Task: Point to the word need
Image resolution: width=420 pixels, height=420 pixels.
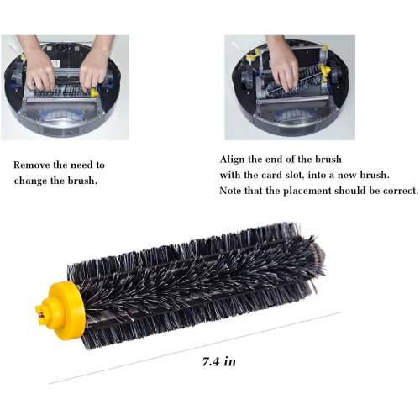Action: (85, 165)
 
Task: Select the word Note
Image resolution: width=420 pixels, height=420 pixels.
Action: (232, 191)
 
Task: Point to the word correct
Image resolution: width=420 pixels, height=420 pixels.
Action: (399, 191)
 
